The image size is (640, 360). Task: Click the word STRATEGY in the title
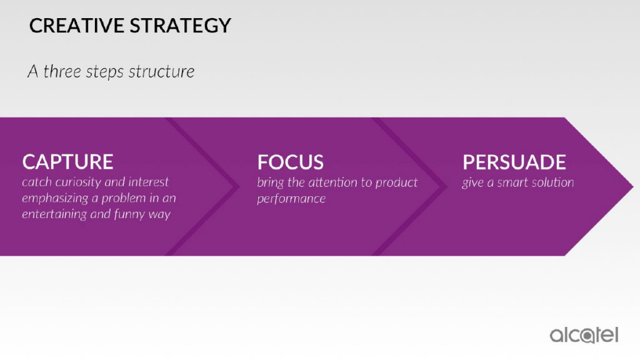coord(181,25)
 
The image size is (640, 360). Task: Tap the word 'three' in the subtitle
coord(62,71)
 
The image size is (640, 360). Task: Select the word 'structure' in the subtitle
coord(161,71)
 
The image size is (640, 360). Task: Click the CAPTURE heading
coord(67,162)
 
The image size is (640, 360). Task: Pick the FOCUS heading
coord(290,162)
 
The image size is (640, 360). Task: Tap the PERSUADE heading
coord(514,162)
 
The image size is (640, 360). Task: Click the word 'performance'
coord(291,199)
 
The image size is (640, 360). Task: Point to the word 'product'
coord(396,182)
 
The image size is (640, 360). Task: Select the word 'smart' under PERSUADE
coord(512,182)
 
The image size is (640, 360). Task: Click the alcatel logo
coord(584,335)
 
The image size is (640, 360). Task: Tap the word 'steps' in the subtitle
coord(104,72)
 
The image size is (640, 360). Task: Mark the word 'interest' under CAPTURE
coord(148,182)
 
